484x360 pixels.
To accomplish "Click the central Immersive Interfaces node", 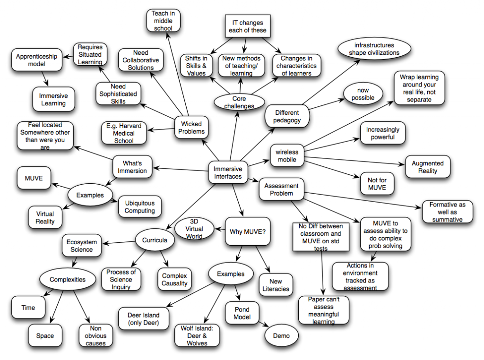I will [229, 172].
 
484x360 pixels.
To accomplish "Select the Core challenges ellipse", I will [240, 102].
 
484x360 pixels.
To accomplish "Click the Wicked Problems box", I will [192, 128].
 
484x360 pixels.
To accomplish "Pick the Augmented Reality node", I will [427, 167].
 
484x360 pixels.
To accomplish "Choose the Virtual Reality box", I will [45, 217].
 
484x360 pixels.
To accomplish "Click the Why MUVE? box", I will [247, 231].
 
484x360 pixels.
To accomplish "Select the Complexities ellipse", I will [68, 279].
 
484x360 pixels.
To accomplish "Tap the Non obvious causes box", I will [95, 336].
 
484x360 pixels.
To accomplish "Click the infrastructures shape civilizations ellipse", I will [374, 49].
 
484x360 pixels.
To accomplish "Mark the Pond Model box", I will [242, 313].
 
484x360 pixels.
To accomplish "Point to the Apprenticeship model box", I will [36, 60].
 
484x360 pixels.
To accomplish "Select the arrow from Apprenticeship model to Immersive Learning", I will [45, 78].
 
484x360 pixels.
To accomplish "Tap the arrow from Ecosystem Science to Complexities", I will [75, 262].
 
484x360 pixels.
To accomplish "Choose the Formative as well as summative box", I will [447, 212].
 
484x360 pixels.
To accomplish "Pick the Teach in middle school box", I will [162, 21].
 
